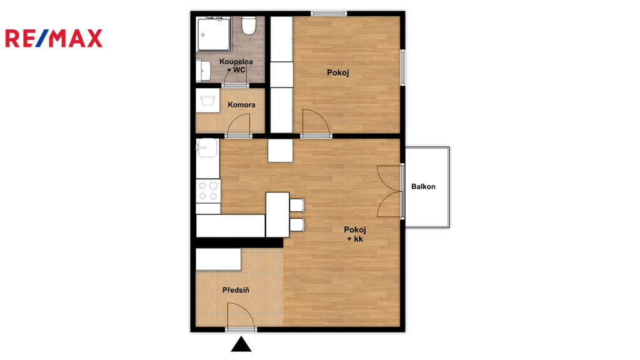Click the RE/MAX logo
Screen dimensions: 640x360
(54, 38)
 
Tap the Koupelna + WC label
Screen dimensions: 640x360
(236, 66)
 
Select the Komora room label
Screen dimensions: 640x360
(242, 105)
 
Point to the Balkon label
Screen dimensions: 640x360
(423, 186)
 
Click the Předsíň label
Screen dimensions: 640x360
(236, 290)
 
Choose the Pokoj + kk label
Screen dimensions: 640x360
(355, 234)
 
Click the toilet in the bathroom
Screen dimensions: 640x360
(248, 25)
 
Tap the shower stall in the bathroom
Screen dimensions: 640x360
(214, 34)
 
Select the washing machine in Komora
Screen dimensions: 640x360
(207, 101)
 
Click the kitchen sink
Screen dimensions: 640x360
(207, 147)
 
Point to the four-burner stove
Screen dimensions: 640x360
(208, 191)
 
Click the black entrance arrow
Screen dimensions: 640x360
(241, 344)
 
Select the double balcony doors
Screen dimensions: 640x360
(389, 191)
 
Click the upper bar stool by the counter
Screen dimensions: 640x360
(297, 205)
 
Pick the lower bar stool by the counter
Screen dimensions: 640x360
(297, 225)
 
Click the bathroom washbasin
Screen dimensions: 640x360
(203, 70)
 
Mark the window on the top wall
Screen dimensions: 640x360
(329, 14)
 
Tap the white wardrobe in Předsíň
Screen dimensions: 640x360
(218, 259)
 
